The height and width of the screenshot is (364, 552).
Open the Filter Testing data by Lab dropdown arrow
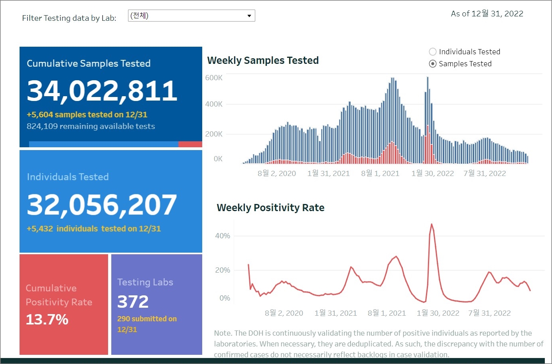(249, 16)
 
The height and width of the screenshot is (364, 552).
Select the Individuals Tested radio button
(433, 52)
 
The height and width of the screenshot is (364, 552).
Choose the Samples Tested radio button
(433, 64)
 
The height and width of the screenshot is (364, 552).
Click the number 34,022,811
(102, 91)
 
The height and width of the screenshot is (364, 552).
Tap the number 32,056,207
(102, 205)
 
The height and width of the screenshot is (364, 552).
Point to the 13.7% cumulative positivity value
(47, 319)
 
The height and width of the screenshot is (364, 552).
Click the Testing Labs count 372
(133, 302)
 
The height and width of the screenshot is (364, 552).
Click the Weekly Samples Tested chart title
(263, 60)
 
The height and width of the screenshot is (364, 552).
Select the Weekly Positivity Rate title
(270, 208)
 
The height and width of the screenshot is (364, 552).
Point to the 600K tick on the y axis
(214, 78)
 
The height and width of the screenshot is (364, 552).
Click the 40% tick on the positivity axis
(223, 236)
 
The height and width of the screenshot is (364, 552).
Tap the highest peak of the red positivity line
(432, 224)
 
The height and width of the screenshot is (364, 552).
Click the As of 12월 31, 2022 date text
(487, 14)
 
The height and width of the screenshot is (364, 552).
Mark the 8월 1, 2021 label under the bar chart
(380, 173)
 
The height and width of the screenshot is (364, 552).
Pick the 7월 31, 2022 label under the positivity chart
(489, 313)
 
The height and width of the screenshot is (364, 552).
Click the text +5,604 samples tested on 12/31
(87, 115)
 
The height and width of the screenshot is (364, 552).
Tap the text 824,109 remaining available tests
(91, 126)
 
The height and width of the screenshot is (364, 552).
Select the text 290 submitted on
(147, 318)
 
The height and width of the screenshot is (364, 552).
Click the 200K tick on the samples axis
(214, 134)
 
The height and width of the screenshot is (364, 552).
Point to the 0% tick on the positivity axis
(225, 298)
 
